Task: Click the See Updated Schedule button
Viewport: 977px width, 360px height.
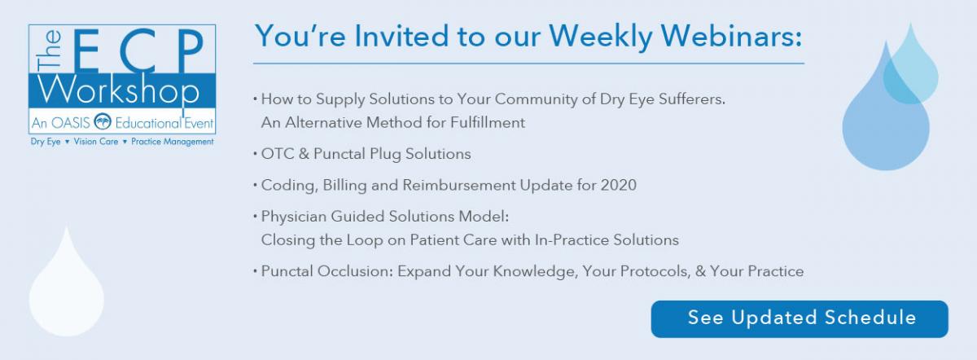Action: pos(800,319)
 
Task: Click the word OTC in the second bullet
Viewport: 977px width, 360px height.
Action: pos(278,154)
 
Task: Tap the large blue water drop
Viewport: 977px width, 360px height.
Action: pos(886,113)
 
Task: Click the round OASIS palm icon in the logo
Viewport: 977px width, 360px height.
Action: pos(103,121)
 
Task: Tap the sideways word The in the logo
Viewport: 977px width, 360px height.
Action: pos(48,50)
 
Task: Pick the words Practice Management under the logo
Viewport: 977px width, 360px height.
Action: pos(173,142)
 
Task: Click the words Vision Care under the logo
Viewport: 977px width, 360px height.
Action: pos(96,142)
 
